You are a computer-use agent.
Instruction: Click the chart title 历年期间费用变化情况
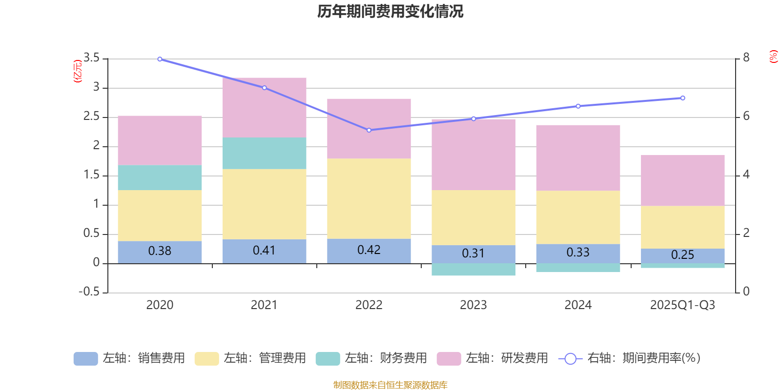click(x=390, y=11)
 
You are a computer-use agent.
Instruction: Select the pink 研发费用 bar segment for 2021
click(x=264, y=107)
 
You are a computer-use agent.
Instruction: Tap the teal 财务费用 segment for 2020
click(x=160, y=177)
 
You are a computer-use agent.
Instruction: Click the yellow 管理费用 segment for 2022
click(x=369, y=198)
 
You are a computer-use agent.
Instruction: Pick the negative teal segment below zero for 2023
click(x=473, y=270)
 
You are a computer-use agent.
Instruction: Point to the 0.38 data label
click(x=160, y=251)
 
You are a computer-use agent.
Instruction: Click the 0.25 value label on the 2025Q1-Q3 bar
click(x=682, y=255)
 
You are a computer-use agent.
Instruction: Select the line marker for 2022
click(x=369, y=130)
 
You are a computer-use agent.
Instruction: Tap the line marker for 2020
click(x=160, y=59)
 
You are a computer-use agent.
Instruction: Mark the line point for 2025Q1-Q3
click(x=682, y=98)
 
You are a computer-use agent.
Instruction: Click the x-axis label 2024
click(x=578, y=305)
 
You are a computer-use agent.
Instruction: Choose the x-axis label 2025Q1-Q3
click(x=682, y=305)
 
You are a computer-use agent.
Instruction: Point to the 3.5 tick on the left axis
click(x=91, y=58)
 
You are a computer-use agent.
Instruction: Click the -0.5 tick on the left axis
click(x=89, y=292)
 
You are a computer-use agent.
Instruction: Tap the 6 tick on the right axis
click(x=746, y=116)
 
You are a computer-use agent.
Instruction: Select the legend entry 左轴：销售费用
click(x=129, y=358)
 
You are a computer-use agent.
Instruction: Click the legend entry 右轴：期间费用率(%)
click(x=630, y=358)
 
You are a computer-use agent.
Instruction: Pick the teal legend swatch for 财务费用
click(x=328, y=359)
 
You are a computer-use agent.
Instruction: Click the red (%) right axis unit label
click(x=773, y=57)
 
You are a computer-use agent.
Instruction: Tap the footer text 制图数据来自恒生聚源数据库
click(x=390, y=385)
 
